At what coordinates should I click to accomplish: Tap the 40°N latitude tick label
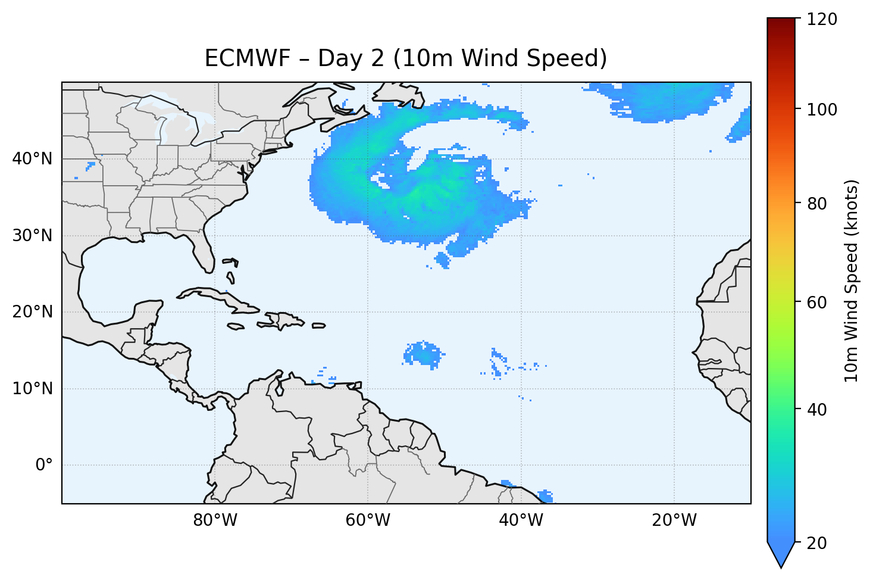pos(32,159)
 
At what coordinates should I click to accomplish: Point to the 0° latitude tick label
pos(43,465)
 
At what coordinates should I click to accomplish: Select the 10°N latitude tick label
pos(32,389)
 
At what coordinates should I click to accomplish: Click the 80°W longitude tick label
pos(215,520)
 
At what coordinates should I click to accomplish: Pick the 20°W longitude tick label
pos(674,520)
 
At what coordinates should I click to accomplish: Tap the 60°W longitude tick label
pos(368,520)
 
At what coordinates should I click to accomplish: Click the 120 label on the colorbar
pos(822,20)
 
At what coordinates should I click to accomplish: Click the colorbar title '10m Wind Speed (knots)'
pos(852,280)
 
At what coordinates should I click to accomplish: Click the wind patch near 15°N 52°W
pos(424,354)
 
